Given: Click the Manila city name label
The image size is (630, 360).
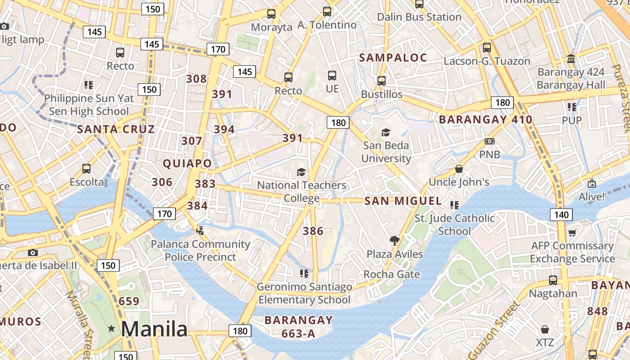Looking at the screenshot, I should (x=154, y=329).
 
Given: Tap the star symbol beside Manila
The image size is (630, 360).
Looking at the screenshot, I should (x=111, y=329).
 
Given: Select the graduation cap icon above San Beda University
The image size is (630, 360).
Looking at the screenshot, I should (x=386, y=132).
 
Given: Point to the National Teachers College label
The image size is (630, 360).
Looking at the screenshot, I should (x=301, y=191).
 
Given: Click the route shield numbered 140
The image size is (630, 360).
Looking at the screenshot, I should (x=561, y=215).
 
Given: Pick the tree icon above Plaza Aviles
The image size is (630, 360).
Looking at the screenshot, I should (x=395, y=241).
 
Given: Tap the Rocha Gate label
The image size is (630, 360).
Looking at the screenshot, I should (x=391, y=274).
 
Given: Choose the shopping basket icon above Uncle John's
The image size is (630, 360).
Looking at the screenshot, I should (x=459, y=169).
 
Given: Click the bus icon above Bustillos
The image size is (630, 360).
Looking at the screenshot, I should (x=382, y=81).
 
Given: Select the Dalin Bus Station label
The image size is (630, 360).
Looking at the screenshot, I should (x=419, y=17).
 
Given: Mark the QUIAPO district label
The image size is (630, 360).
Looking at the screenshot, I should (x=187, y=163).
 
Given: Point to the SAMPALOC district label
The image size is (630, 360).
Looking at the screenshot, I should (x=393, y=58).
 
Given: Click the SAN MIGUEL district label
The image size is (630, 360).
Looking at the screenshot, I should (x=403, y=201).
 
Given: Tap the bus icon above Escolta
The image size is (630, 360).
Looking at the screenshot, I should (x=86, y=169).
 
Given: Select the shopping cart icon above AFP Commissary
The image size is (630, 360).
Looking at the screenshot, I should (x=572, y=233).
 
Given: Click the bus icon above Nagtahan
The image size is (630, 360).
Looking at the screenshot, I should (x=553, y=280).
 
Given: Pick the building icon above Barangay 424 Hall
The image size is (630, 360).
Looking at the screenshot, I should (x=571, y=59).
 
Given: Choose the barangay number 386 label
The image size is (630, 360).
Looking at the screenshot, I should (x=313, y=231).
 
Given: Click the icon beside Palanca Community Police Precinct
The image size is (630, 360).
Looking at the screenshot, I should (x=200, y=231).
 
